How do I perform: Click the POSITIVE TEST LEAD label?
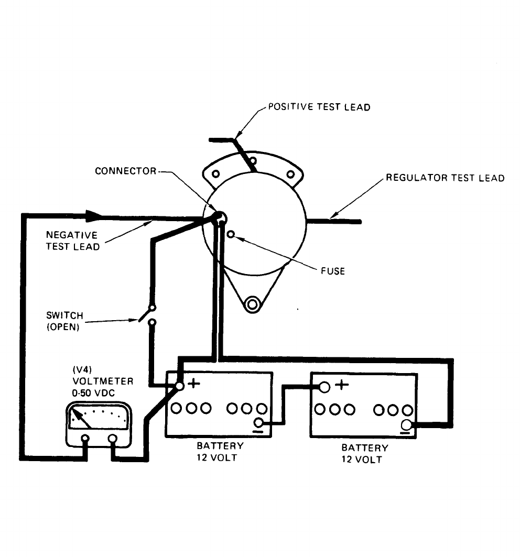319,107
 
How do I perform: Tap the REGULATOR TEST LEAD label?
445,178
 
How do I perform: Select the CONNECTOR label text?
125,171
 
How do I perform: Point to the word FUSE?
333,271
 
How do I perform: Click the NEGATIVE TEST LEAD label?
72,241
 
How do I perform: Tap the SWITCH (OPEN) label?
64,321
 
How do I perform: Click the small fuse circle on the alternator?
231,235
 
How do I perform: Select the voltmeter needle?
79,417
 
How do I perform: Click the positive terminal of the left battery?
179,387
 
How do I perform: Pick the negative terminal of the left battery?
258,423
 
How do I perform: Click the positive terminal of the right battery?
324,387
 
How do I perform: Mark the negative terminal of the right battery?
406,425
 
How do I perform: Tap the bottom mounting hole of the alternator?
253,303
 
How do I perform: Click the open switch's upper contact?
152,308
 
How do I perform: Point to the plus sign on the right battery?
342,385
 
